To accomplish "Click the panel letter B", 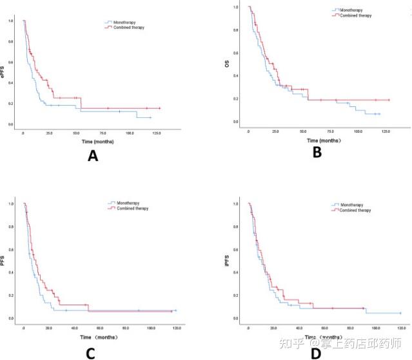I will (316, 153).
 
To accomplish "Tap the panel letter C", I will (90, 353).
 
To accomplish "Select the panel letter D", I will (316, 354).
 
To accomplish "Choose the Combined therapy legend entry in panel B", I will (358, 14).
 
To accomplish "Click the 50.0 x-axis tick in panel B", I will (303, 131).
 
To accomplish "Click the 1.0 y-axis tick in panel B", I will (236, 8).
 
